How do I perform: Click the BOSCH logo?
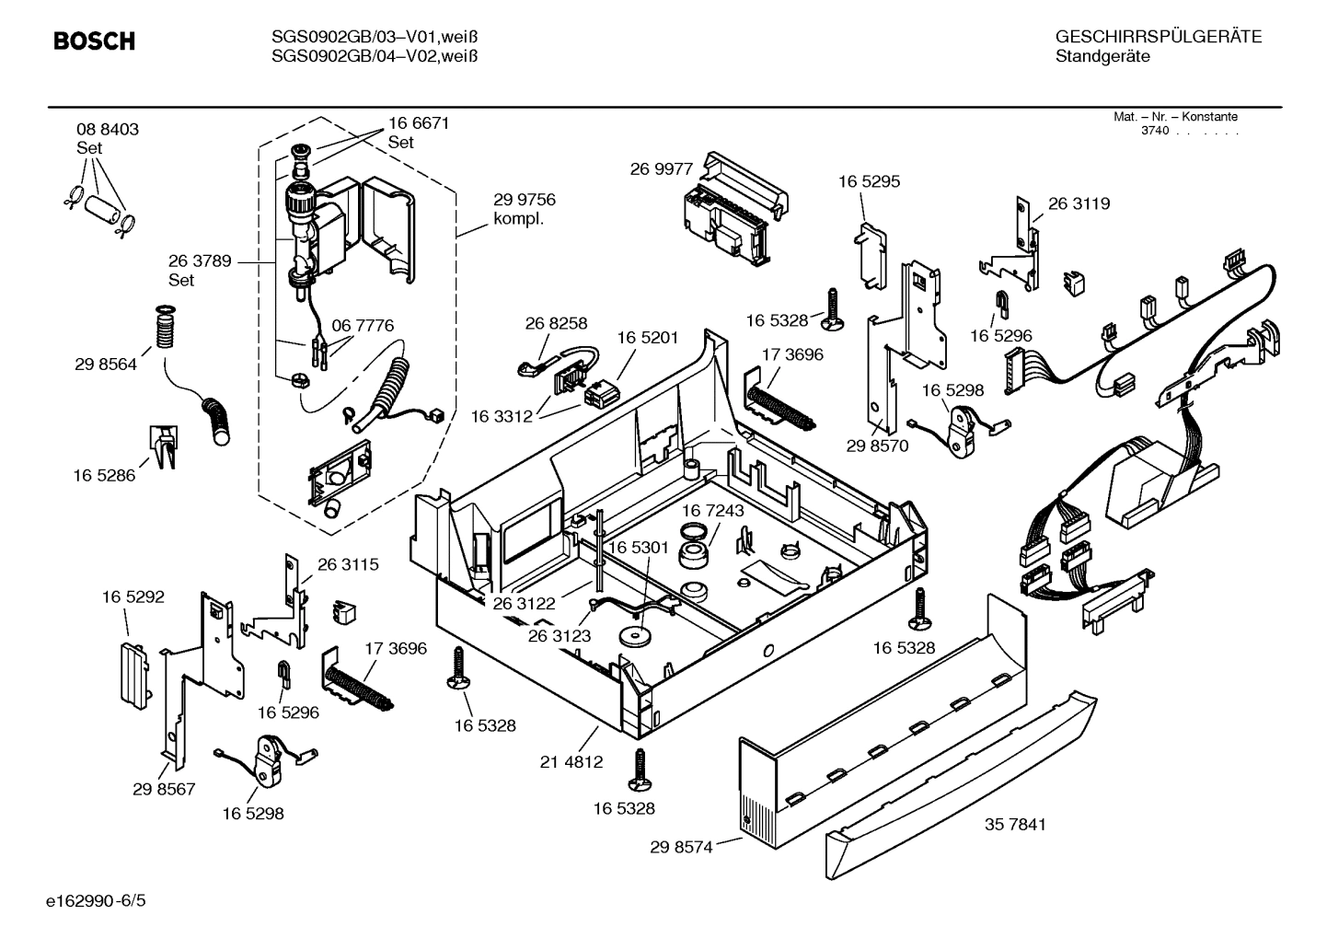coord(94,41)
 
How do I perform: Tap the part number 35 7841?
coord(1015,824)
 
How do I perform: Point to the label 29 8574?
coord(681,847)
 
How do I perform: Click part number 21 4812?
coord(571,761)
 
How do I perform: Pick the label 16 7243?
coord(713,510)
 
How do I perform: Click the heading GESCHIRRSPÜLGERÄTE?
coord(1158,37)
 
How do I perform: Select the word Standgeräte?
coord(1102,56)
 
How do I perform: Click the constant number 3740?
coord(1155,131)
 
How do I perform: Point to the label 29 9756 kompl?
coord(524,209)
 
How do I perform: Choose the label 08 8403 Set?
coord(108,138)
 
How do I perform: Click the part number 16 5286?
coord(104,476)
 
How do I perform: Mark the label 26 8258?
coord(556,323)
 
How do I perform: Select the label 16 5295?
coord(869,181)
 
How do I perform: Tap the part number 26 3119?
coord(1079,203)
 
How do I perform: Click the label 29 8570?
coord(877,446)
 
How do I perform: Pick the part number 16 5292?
coord(133,597)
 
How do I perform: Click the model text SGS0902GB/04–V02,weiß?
coord(374,56)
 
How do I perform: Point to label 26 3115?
coord(348,564)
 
